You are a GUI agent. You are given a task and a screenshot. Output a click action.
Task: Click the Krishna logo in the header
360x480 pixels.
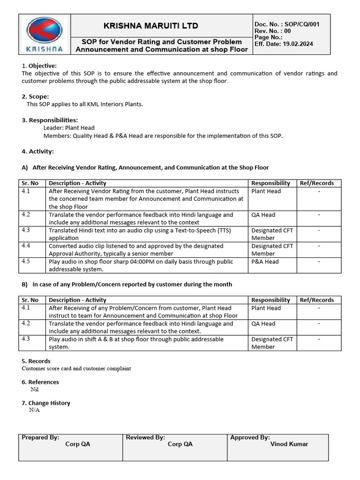coord(45,34)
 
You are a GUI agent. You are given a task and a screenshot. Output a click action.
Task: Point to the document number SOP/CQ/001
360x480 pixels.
coord(302,24)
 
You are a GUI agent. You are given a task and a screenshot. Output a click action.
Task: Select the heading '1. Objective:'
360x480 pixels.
coord(39,66)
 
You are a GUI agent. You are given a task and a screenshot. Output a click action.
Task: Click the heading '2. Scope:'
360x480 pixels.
coord(35,97)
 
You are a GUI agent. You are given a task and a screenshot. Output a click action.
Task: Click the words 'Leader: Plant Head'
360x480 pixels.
coord(69,127)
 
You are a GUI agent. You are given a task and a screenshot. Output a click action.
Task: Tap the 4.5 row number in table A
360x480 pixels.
coord(26,262)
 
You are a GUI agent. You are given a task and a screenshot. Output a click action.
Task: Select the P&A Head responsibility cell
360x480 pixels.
coord(265,262)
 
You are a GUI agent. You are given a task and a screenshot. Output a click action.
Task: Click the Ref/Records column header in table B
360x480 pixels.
coord(317,300)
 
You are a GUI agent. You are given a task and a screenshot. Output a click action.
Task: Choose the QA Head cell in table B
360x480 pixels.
coord(263,324)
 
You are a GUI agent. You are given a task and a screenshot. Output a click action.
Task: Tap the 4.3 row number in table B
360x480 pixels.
coord(26,339)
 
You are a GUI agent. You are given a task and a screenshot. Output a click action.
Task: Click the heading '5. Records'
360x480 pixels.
coord(36,361)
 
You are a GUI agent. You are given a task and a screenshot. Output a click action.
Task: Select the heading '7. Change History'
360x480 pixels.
coord(46,403)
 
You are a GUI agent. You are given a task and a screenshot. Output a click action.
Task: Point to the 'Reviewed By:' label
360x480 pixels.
coord(145,437)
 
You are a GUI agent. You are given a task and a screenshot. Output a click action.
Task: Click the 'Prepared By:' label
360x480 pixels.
coord(40,437)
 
